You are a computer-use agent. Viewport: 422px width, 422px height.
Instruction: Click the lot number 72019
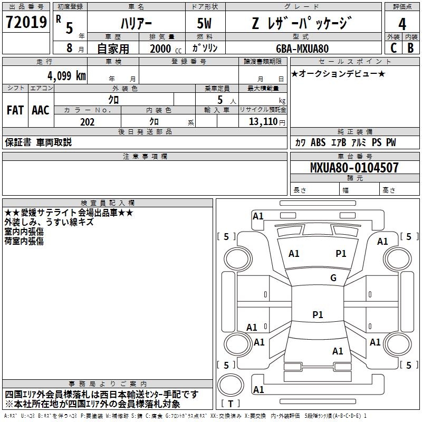coord(26,22)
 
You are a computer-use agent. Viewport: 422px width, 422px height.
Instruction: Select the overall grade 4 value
coord(402,24)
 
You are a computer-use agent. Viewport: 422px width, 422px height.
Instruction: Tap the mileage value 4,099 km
coord(66,75)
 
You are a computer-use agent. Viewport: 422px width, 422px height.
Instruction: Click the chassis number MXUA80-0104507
coord(354,167)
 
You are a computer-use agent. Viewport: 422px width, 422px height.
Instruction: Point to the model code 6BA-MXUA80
coord(302,49)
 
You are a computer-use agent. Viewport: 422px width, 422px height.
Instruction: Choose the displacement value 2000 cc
coord(166,49)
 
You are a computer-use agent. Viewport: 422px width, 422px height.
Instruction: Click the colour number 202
coord(87,122)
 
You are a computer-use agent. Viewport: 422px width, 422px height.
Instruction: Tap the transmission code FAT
coord(15,110)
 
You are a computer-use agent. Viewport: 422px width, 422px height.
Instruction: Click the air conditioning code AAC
coord(41,110)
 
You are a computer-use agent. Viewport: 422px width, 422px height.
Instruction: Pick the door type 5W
coord(204,23)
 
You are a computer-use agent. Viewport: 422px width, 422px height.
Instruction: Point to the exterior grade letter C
coord(394,48)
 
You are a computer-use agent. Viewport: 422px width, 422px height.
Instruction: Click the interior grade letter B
coord(410,48)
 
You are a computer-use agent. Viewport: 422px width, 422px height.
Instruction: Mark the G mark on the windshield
coord(333,277)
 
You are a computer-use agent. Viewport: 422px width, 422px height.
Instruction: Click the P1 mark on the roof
coord(318,314)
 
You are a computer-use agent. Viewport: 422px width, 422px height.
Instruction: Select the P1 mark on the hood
coord(341,253)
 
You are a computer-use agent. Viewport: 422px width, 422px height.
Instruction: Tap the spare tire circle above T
coord(231,385)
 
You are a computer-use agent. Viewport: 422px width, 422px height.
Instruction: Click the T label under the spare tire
coord(231,404)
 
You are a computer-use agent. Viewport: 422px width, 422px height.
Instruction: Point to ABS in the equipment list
coord(318,142)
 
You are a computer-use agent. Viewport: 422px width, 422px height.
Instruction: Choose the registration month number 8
coord(70,48)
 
